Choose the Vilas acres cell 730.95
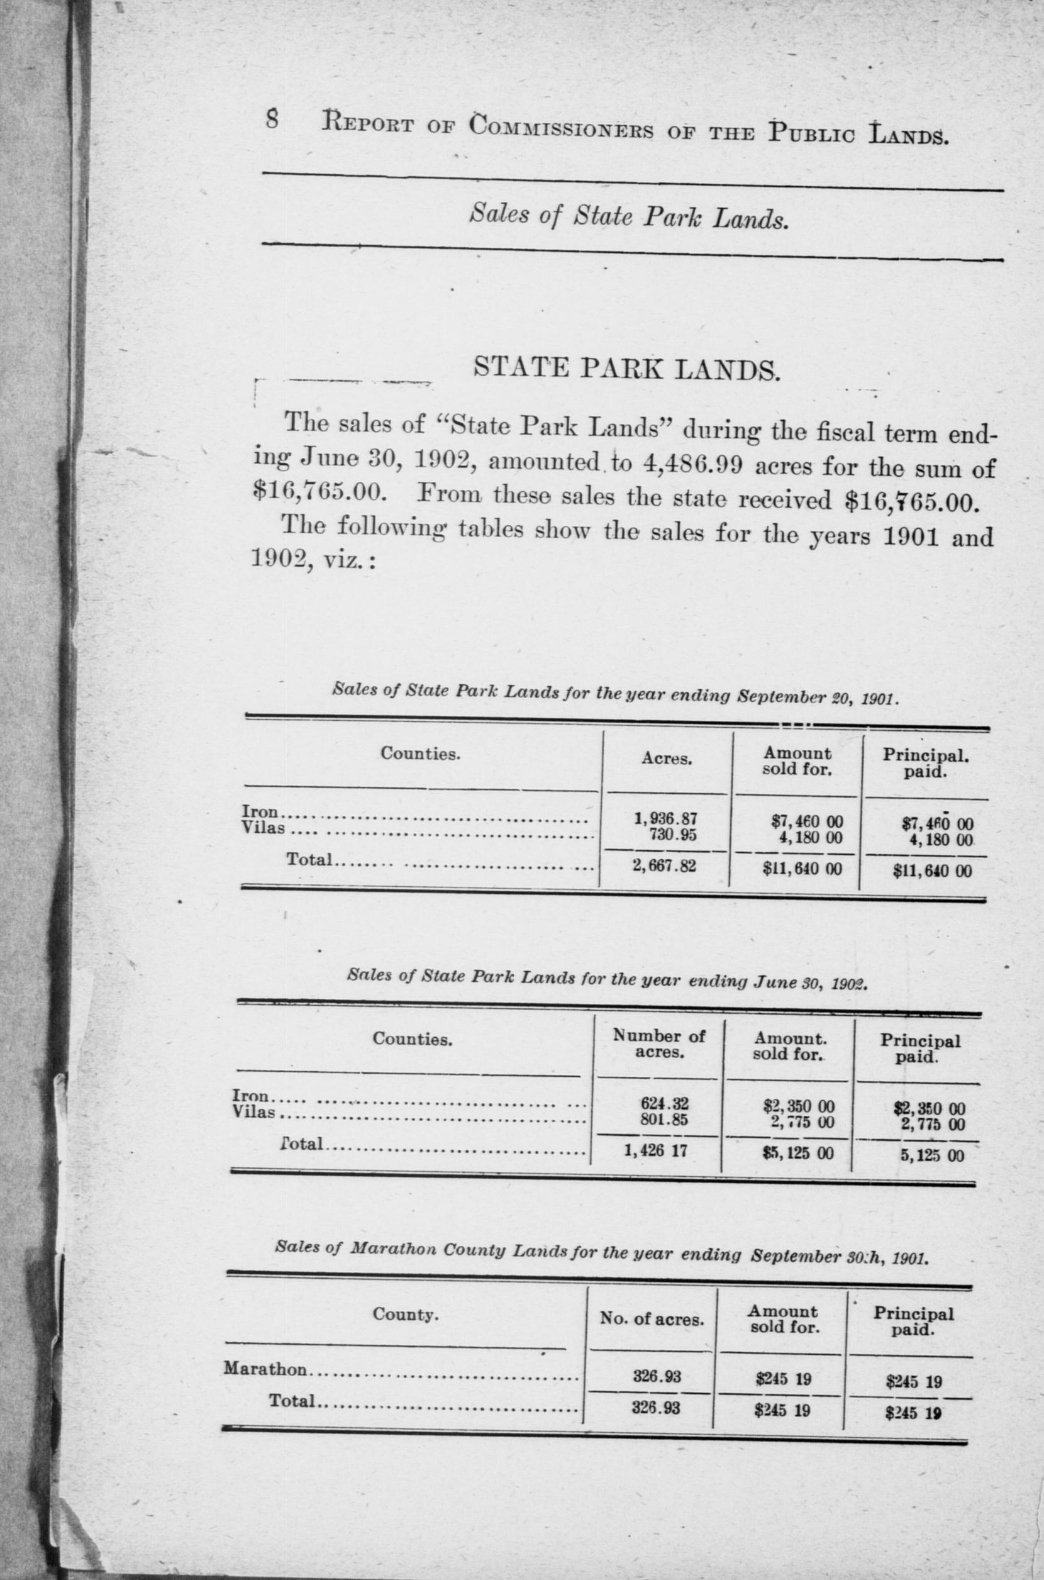[672, 832]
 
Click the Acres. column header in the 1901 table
[667, 760]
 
